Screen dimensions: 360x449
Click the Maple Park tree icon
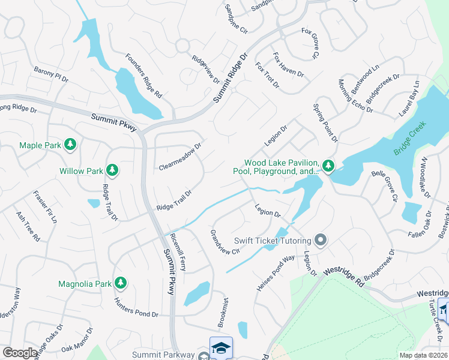(x=71, y=145)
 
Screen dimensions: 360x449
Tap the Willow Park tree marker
(x=112, y=170)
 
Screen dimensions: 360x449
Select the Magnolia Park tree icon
(x=121, y=283)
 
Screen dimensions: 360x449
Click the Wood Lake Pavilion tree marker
(x=328, y=165)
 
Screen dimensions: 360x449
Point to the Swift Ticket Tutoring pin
(x=321, y=241)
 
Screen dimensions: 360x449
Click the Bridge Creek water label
(x=409, y=139)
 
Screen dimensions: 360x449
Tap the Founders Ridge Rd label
(x=144, y=76)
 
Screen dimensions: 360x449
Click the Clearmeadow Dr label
(x=180, y=156)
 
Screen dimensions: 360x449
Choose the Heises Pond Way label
(x=276, y=273)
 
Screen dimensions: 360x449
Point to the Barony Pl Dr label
(x=52, y=74)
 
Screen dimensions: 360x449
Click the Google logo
(x=20, y=352)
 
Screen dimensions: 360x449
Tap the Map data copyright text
(x=423, y=355)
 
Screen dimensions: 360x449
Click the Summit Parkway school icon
(x=221, y=347)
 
